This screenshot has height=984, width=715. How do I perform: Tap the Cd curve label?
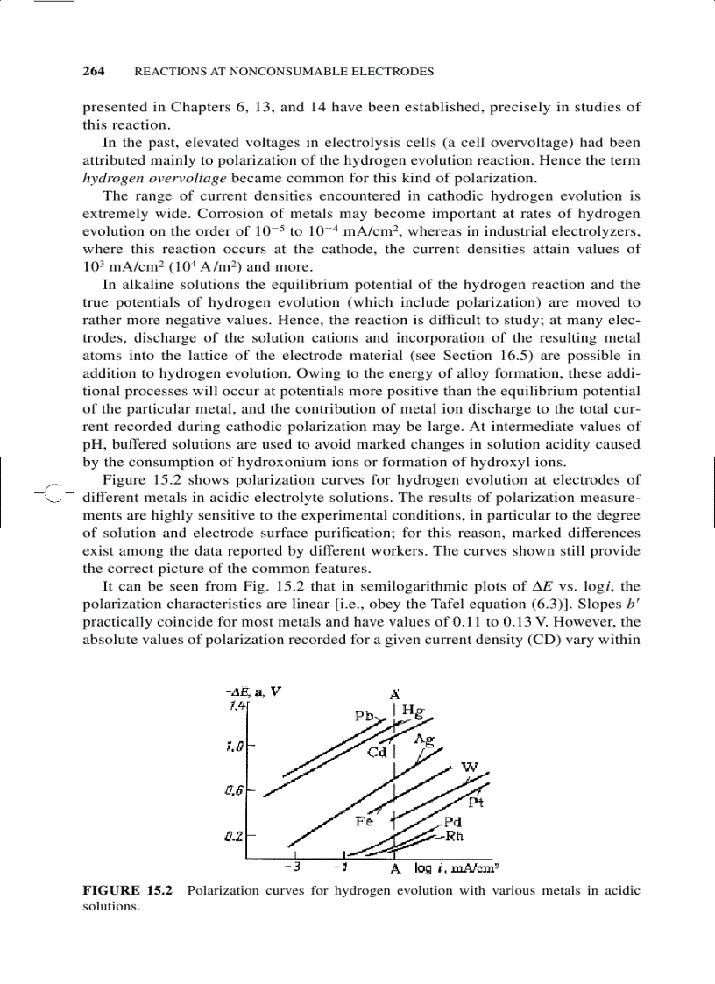377,751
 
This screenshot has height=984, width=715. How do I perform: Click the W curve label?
470,768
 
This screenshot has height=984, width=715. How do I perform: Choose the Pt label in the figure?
477,802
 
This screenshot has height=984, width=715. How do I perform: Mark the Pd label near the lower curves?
453,822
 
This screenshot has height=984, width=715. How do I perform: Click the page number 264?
94,70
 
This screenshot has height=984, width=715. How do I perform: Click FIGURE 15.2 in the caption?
127,890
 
